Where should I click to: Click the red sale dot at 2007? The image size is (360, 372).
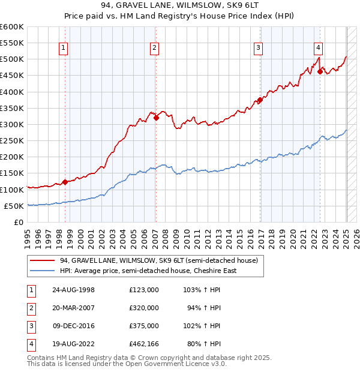tap(156, 118)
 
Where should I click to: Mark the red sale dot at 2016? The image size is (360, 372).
tap(260, 100)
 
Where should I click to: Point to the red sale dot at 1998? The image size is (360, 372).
tap(65, 182)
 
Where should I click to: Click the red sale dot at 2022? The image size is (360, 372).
tap(320, 71)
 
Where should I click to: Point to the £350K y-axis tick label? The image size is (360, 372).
tap(12, 109)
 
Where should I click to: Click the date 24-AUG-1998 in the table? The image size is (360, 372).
tap(74, 290)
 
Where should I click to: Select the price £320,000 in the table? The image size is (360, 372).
tap(144, 308)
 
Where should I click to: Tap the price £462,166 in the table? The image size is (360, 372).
tap(144, 344)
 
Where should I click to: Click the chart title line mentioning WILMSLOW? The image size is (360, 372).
tap(180, 6)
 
